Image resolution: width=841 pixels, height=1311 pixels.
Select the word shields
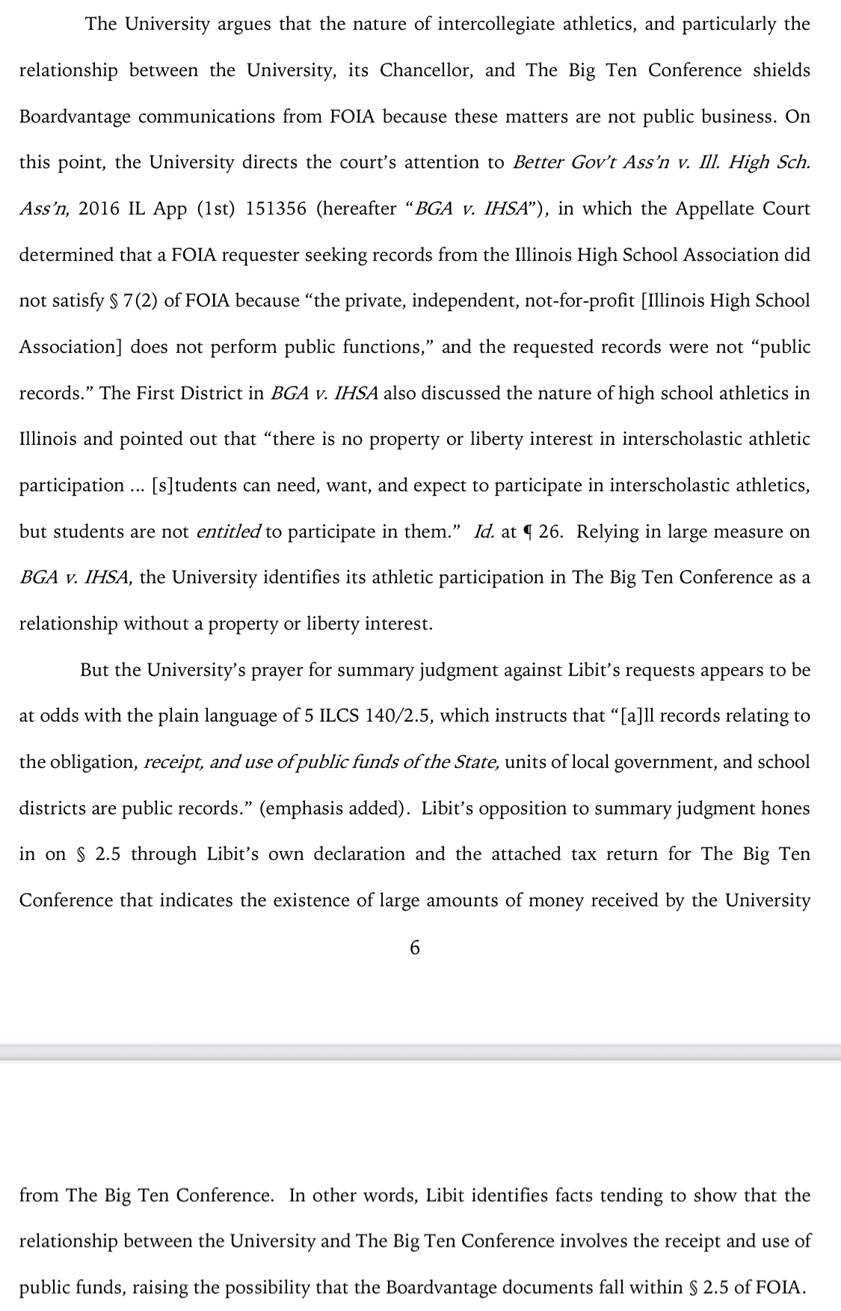click(781, 70)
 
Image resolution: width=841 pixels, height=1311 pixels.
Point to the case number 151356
click(276, 209)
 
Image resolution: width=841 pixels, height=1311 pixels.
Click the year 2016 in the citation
click(99, 209)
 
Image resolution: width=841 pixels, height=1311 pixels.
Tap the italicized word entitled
click(228, 532)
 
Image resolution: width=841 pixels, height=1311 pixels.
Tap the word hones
click(785, 808)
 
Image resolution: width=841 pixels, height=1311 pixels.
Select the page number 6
click(416, 948)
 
